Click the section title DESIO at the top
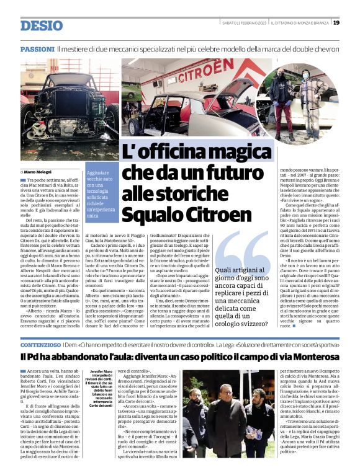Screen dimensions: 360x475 tap(42, 25)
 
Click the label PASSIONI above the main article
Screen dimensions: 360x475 tap(37, 48)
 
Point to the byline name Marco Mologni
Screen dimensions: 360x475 tap(39, 171)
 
